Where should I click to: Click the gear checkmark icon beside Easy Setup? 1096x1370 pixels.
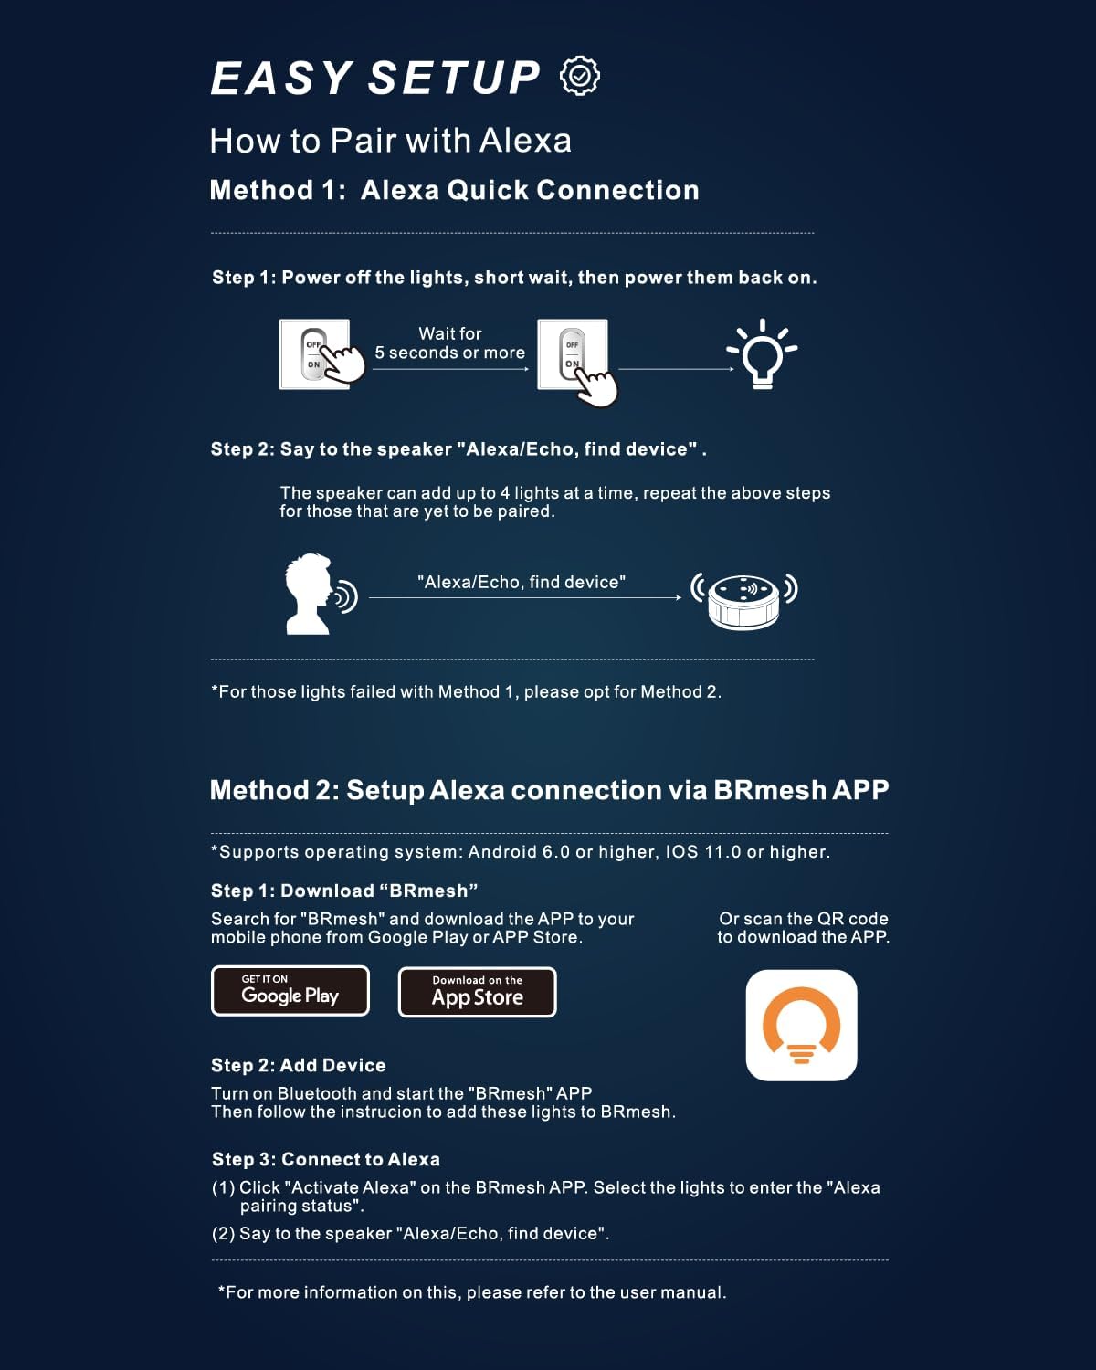[x=580, y=76]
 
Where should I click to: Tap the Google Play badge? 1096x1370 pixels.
[x=290, y=991]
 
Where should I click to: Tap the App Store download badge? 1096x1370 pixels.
[x=477, y=992]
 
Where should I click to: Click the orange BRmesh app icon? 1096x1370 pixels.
[x=801, y=1025]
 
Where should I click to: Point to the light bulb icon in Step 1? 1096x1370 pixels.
[x=763, y=354]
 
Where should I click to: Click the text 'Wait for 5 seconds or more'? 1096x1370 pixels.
[x=449, y=343]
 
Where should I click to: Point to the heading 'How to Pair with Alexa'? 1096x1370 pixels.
[x=390, y=140]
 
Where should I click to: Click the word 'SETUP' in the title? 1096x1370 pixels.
[x=453, y=78]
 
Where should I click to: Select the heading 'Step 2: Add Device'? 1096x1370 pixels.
[x=298, y=1065]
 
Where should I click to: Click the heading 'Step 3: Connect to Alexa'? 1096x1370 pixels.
[x=325, y=1159]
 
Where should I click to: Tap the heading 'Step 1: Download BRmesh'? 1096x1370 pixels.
[x=344, y=890]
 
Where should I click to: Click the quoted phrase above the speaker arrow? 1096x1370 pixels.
[x=521, y=582]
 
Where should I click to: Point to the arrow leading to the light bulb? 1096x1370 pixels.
[x=676, y=369]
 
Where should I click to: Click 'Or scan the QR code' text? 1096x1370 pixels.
[x=803, y=919]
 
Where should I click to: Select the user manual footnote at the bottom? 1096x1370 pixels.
[x=472, y=1292]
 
